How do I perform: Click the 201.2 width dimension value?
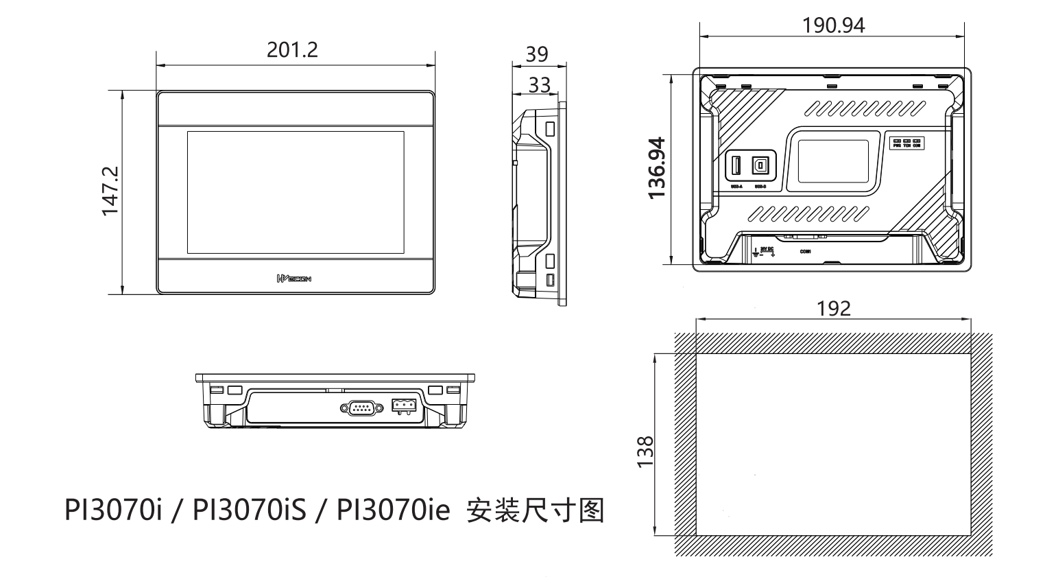[x=293, y=50]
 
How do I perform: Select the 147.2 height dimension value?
[x=111, y=191]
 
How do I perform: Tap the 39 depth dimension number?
[x=537, y=54]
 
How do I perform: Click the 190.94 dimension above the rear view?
[x=833, y=25]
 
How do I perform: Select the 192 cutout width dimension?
[x=834, y=308]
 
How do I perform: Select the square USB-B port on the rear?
[x=760, y=166]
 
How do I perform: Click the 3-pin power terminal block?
[x=403, y=405]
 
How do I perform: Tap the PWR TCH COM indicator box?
[x=906, y=143]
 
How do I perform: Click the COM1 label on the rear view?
[x=806, y=252]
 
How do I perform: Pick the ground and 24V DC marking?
[x=764, y=252]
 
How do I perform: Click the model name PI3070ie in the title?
[x=389, y=511]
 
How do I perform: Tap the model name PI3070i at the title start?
[x=113, y=511]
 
